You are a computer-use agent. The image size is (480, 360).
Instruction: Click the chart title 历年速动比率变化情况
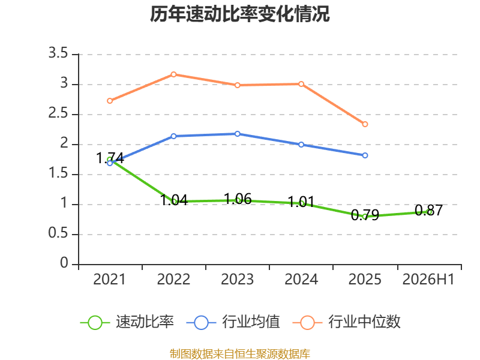(239, 14)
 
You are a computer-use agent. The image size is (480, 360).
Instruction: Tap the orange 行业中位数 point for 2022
(173, 74)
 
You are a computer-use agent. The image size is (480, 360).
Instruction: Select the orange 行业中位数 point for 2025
(365, 124)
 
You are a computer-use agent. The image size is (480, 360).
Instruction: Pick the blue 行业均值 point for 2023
(237, 134)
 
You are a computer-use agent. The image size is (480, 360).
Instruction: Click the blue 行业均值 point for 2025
(365, 155)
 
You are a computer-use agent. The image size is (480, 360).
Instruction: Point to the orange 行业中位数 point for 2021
(110, 101)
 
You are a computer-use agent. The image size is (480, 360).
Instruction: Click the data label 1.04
(174, 200)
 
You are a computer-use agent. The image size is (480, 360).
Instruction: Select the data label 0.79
(365, 215)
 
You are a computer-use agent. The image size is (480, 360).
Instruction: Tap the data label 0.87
(428, 211)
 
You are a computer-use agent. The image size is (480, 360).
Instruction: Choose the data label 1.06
(238, 199)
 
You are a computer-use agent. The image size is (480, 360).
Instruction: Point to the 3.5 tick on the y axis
(58, 53)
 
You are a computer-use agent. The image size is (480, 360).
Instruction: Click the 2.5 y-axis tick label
(58, 113)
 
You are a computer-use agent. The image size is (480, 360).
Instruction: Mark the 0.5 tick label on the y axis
(58, 233)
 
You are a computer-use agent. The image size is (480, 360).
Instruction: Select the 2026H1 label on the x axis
(428, 279)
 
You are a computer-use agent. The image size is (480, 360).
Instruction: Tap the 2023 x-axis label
(237, 279)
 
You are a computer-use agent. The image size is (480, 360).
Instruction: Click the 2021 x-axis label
(110, 279)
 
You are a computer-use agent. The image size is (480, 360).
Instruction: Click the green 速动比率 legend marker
(95, 323)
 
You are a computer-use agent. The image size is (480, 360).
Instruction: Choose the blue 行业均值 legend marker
(201, 323)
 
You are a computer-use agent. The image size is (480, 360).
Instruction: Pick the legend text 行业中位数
(364, 322)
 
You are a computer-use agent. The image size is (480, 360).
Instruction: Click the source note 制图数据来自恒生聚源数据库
(240, 354)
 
